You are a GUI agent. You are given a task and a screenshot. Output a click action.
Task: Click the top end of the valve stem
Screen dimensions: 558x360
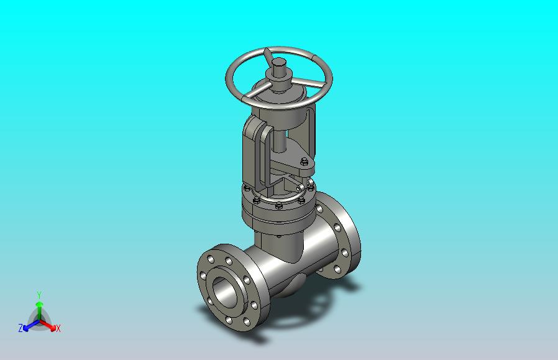tap(278, 62)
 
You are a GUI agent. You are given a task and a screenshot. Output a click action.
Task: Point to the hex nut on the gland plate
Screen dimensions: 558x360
tap(304, 162)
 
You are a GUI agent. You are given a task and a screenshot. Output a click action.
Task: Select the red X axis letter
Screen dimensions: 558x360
tap(58, 328)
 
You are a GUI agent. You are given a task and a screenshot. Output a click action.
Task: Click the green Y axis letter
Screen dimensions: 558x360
tap(40, 295)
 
